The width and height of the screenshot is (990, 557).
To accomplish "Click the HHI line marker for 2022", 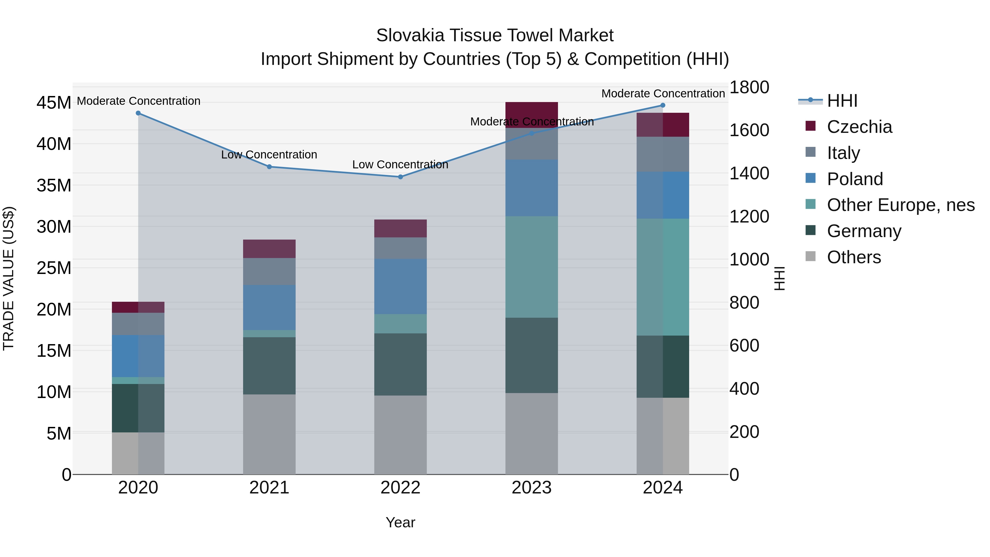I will click(x=400, y=177).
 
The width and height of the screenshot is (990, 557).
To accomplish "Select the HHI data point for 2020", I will click(x=138, y=113).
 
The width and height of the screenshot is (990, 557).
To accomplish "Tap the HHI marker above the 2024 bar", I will click(x=662, y=105).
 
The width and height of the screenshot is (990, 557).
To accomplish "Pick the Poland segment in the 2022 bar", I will click(x=400, y=286).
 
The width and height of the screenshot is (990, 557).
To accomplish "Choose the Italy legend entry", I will click(x=843, y=153).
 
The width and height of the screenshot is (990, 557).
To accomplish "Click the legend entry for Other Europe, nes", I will click(x=900, y=205).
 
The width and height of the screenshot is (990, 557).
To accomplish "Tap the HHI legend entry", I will click(x=842, y=101).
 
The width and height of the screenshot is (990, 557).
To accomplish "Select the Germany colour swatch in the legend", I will click(x=810, y=230).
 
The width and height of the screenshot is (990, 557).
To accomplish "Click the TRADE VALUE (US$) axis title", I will click(x=9, y=278).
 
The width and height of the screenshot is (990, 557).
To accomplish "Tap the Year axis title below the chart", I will click(x=400, y=522).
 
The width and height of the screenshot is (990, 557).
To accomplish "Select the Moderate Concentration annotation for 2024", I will click(x=662, y=94).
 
